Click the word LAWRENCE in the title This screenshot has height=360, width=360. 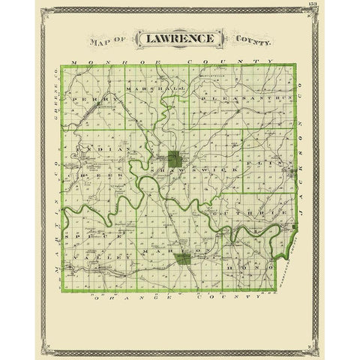pyautogui.click(x=178, y=38)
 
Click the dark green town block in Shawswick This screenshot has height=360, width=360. pyautogui.click(x=174, y=158)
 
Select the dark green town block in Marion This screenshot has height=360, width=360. pyautogui.click(x=183, y=259)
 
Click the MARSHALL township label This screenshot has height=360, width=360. pyautogui.click(x=146, y=88)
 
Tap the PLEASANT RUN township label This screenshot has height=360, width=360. pyautogui.click(x=236, y=97)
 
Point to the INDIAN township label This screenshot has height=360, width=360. pyautogui.click(x=100, y=150)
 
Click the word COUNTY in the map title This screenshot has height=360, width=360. pyautogui.click(x=250, y=42)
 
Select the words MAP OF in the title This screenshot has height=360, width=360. pyautogui.click(x=109, y=42)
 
